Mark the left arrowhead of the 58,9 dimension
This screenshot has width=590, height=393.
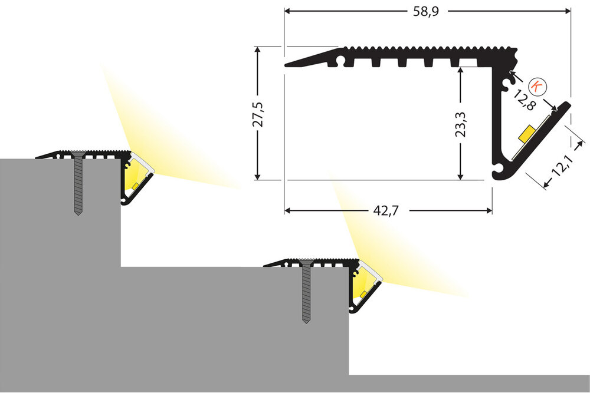point(287,11)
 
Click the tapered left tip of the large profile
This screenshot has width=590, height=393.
point(289,65)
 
